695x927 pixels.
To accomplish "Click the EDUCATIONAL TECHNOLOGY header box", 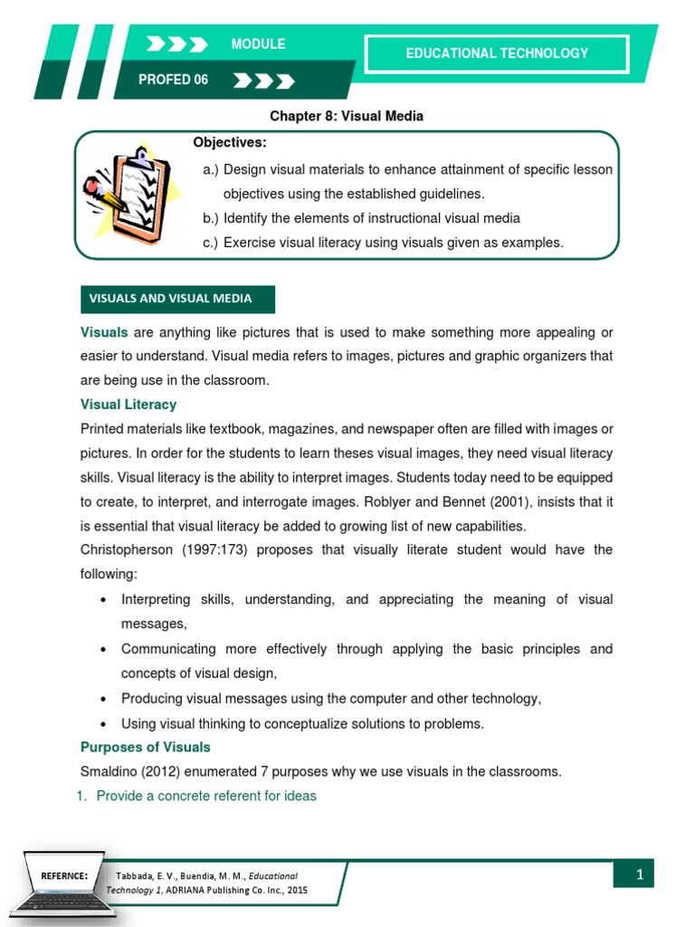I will pos(497,53).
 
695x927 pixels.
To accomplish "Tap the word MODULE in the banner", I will pos(258,44).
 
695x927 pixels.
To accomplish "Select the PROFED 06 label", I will pos(173,80).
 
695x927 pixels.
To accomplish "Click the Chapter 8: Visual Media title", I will pos(347,117).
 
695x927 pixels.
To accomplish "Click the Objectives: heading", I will pos(230,143).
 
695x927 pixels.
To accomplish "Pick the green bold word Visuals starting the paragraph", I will pos(104,332).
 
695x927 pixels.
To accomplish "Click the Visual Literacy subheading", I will pos(129,405).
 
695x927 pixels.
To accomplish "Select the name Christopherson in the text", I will pos(130,550).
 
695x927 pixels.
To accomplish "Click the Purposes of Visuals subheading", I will pos(145,747).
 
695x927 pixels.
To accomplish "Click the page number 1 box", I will pos(639,874).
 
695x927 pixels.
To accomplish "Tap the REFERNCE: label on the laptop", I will pos(62,876).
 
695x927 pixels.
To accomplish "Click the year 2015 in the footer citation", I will pos(296,891).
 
